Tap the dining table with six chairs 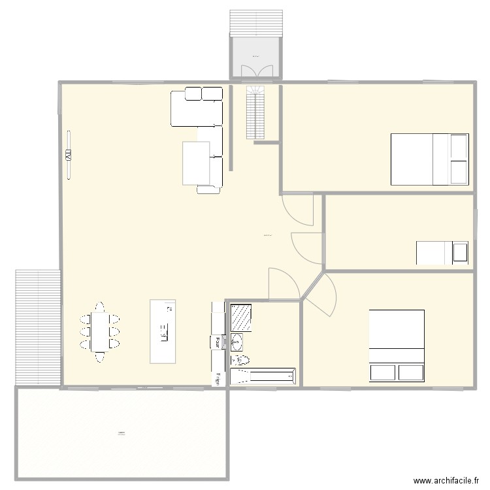[x=99, y=331]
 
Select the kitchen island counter [x=163, y=331]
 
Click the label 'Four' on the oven [x=216, y=341]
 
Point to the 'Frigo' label [x=218, y=379]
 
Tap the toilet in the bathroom [x=240, y=360]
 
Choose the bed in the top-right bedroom [x=429, y=159]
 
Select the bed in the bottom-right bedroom [x=397, y=345]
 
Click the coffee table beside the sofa [x=195, y=163]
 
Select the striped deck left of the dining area [x=38, y=327]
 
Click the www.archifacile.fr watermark [x=441, y=480]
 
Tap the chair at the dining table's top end [x=99, y=306]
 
